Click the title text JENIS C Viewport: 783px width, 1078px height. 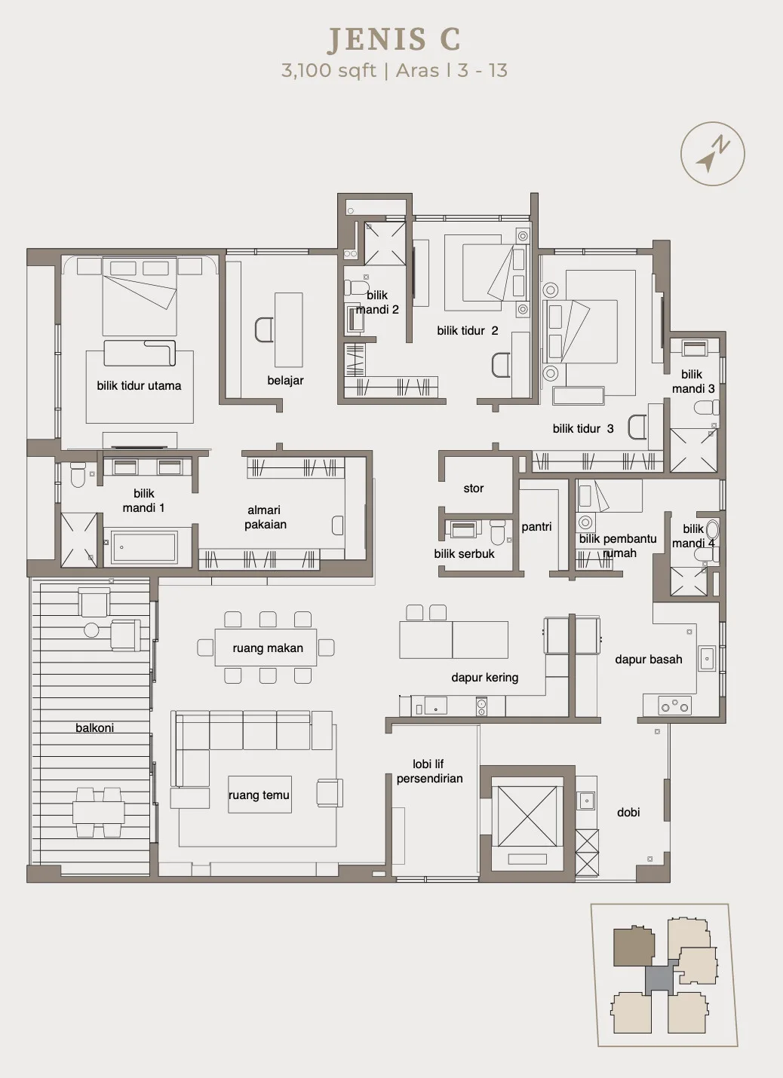[x=394, y=39]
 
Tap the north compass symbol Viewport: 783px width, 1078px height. [x=713, y=154]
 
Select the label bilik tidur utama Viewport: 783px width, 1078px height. [x=139, y=385]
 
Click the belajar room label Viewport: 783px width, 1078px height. [x=286, y=380]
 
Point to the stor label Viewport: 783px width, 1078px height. [x=474, y=488]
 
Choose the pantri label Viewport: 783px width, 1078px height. [x=536, y=527]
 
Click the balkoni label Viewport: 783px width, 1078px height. [x=95, y=727]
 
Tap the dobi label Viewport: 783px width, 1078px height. [x=628, y=813]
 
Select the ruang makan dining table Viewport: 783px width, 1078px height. [x=266, y=648]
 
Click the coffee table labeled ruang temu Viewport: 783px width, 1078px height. [x=259, y=795]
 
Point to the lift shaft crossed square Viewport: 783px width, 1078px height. [x=527, y=816]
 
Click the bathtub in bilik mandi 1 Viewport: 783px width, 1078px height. [x=143, y=547]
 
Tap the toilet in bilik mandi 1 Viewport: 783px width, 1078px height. [x=78, y=475]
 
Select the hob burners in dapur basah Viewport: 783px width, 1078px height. [x=674, y=706]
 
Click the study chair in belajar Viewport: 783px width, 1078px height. [x=263, y=329]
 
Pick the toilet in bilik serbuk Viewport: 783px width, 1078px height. [x=497, y=531]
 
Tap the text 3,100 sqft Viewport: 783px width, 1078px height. [x=328, y=71]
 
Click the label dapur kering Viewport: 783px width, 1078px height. [x=485, y=678]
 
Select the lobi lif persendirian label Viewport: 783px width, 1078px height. [x=429, y=771]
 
